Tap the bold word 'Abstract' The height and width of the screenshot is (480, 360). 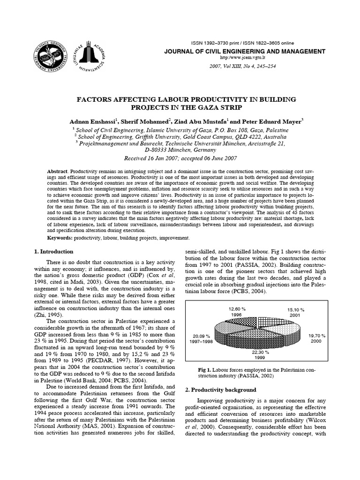pyautogui.click(x=58, y=172)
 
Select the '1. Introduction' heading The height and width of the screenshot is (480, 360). pyautogui.click(x=53, y=252)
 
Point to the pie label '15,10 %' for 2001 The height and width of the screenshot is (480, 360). pyautogui.click(x=295, y=310)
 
